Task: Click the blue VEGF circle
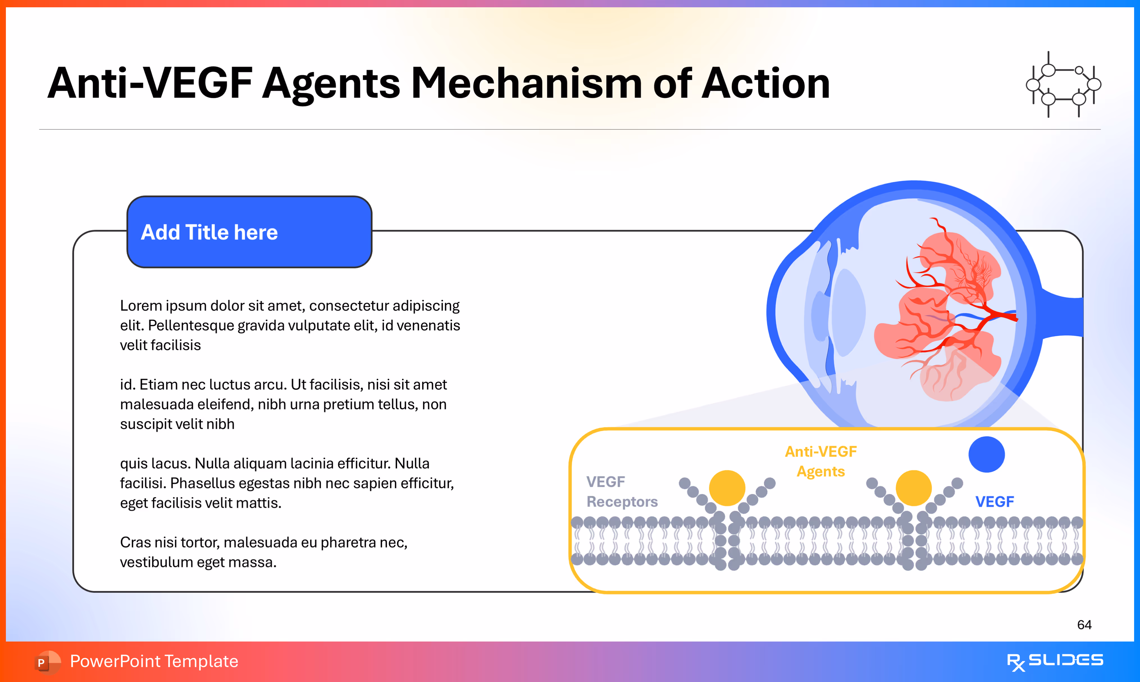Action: point(986,454)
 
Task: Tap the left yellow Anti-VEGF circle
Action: point(727,488)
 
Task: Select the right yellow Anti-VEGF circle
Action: point(914,488)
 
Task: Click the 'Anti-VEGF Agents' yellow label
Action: point(821,461)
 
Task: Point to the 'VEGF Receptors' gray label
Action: point(621,492)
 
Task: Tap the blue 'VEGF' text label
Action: point(994,502)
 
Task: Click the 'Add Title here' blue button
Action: point(249,232)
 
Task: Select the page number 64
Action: point(1084,625)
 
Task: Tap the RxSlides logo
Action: point(1055,661)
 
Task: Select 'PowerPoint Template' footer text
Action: point(154,661)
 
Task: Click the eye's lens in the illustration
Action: point(848,312)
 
